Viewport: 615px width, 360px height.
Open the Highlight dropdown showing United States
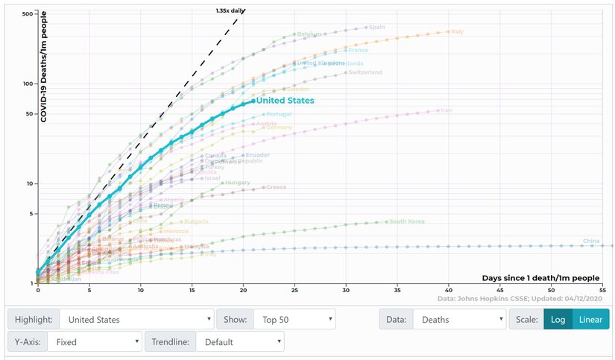tap(136, 320)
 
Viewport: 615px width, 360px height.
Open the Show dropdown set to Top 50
tap(294, 320)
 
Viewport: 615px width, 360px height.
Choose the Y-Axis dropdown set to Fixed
tap(94, 342)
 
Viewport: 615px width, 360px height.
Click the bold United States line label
tap(286, 101)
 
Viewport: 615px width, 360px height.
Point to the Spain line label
tap(376, 28)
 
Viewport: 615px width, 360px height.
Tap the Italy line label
tap(458, 31)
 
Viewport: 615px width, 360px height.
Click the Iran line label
tap(447, 110)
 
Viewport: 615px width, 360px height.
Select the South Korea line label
tap(407, 221)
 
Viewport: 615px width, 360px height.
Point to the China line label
tap(591, 241)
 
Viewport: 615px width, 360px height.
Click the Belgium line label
tap(309, 34)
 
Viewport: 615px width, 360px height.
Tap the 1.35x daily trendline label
tap(230, 11)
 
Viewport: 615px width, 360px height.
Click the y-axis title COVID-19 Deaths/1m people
tap(44, 71)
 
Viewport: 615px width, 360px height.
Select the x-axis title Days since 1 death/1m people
tap(541, 278)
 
